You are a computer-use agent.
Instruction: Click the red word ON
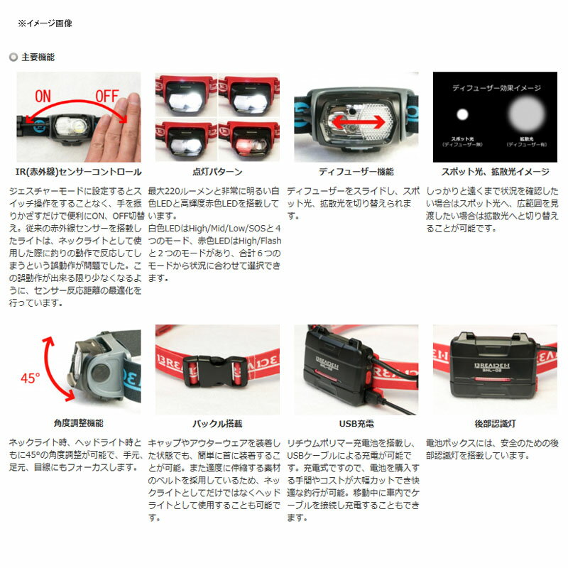(43, 94)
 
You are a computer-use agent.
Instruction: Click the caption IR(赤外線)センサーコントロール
(78, 172)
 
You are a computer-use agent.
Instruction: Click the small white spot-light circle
(462, 114)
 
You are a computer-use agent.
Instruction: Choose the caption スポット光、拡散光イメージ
(495, 172)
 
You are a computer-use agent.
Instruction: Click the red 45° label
(30, 378)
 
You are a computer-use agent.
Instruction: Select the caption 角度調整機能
(78, 423)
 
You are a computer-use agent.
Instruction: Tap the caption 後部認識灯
(495, 423)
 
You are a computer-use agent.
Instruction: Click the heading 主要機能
(38, 57)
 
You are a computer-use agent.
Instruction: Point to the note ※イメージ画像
(45, 23)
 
